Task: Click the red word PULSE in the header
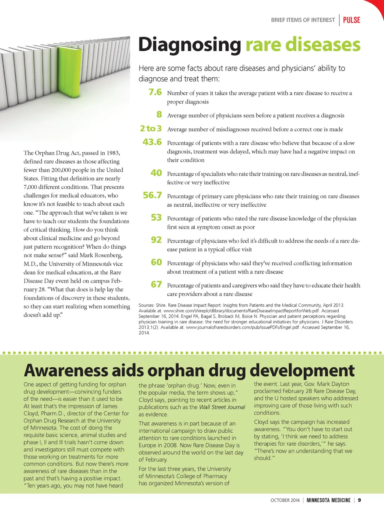pyautogui.click(x=351, y=20)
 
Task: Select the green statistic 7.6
pyautogui.click(x=155, y=92)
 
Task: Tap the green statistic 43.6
pyautogui.click(x=152, y=142)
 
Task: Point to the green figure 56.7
pyautogui.click(x=152, y=195)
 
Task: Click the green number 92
pyautogui.click(x=156, y=240)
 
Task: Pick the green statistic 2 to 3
pyautogui.click(x=151, y=129)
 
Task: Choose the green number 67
pyautogui.click(x=156, y=285)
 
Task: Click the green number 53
pyautogui.click(x=156, y=218)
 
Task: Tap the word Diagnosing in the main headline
pyautogui.click(x=190, y=45)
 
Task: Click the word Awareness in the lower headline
pyautogui.click(x=66, y=370)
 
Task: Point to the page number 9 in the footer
pyautogui.click(x=359, y=500)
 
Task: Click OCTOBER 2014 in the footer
pyautogui.click(x=285, y=500)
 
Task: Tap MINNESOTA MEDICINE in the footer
pyautogui.click(x=328, y=500)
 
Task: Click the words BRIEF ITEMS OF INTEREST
pyautogui.click(x=303, y=20)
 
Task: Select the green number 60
pyautogui.click(x=156, y=263)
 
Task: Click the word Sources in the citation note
pyautogui.click(x=147, y=305)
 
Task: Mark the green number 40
pyautogui.click(x=156, y=173)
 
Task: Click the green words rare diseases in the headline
pyautogui.click(x=303, y=45)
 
